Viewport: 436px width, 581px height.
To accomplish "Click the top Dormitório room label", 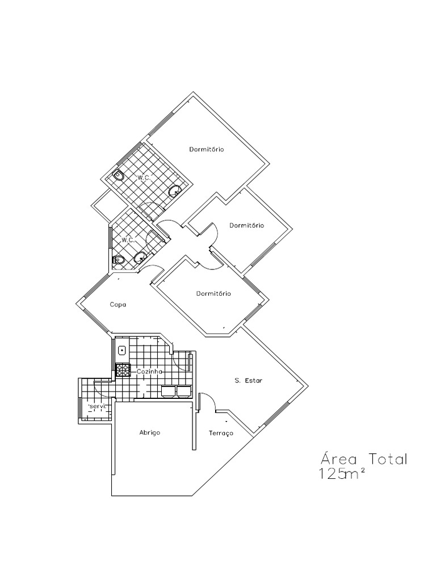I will pyautogui.click(x=206, y=150).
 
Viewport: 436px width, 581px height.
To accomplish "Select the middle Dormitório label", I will pyautogui.click(x=246, y=225).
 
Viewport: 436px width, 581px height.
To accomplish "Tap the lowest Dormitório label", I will pyautogui.click(x=213, y=294).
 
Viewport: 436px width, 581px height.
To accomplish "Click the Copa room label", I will pyautogui.click(x=118, y=305).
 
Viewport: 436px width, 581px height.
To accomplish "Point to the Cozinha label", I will pyautogui.click(x=149, y=371).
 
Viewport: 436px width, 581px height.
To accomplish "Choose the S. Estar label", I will pyautogui.click(x=248, y=381).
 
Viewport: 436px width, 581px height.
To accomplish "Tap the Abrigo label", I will pyautogui.click(x=150, y=432).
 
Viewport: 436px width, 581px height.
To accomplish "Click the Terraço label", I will pyautogui.click(x=221, y=433).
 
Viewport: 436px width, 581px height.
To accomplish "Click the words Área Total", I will pyautogui.click(x=364, y=458).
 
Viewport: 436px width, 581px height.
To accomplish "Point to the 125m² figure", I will pyautogui.click(x=341, y=474).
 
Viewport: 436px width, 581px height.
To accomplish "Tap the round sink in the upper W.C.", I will pyautogui.click(x=175, y=191).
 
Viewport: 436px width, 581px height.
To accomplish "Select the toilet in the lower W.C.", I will pyautogui.click(x=119, y=260).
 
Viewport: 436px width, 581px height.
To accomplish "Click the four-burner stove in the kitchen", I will pyautogui.click(x=123, y=371).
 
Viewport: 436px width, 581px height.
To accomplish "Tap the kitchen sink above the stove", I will pyautogui.click(x=122, y=350).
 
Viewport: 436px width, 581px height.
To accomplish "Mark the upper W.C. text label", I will pyautogui.click(x=144, y=178).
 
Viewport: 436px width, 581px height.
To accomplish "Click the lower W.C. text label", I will pyautogui.click(x=128, y=240).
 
